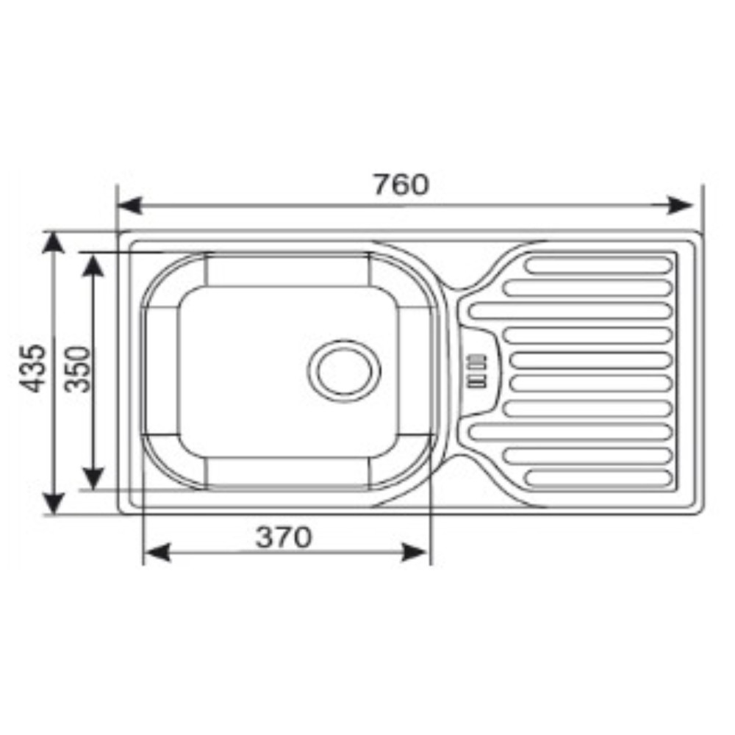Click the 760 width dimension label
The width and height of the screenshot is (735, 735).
(401, 184)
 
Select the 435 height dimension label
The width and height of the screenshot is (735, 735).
(33, 368)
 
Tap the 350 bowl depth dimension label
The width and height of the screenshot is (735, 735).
(77, 369)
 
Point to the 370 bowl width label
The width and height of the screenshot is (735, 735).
(284, 537)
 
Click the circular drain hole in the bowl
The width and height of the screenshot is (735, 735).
(344, 370)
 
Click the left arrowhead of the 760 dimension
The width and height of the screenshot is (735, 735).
(129, 206)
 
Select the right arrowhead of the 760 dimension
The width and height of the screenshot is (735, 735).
(679, 206)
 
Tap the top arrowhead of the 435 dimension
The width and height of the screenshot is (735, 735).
(54, 243)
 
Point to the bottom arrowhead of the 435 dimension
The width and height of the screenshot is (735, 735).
(54, 503)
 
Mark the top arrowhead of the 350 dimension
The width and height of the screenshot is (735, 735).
(93, 265)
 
